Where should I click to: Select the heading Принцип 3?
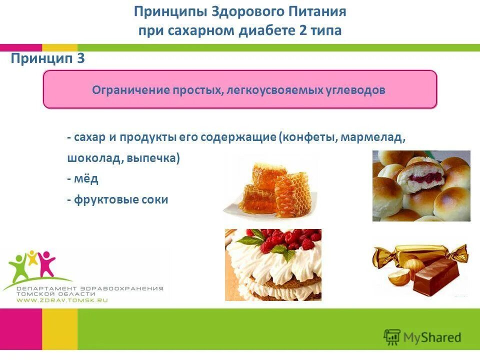pyautogui.click(x=48, y=59)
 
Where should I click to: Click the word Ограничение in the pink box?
pyautogui.click(x=131, y=90)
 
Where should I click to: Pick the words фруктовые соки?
pyautogui.click(x=120, y=199)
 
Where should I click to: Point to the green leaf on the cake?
pyautogui.click(x=287, y=254)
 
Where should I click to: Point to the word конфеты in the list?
pyautogui.click(x=308, y=137)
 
